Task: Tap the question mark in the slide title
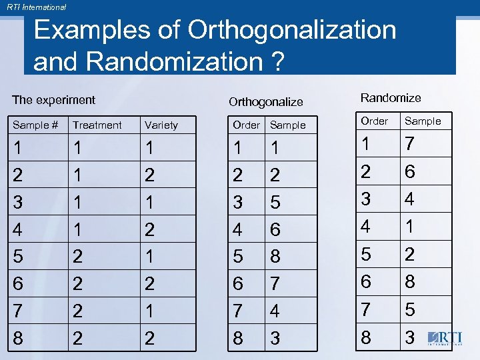click(275, 61)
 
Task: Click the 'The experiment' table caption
click(54, 100)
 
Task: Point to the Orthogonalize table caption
click(265, 102)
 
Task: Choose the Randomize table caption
click(391, 98)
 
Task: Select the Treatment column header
click(97, 125)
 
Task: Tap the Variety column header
click(161, 125)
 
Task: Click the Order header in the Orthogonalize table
click(246, 125)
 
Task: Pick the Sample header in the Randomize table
click(423, 121)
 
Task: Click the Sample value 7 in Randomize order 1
click(410, 145)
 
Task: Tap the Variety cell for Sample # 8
click(150, 339)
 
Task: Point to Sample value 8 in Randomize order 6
click(410, 281)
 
